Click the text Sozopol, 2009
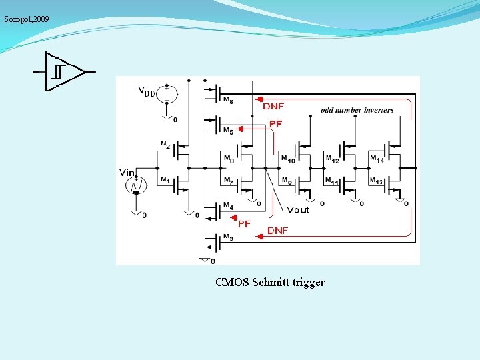pos(27,19)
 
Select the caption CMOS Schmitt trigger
pos(270,282)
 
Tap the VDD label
pos(147,91)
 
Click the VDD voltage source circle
pos(167,93)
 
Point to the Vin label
pos(127,173)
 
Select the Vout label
pos(298,210)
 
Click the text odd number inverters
pos(357,110)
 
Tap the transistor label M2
pos(165,145)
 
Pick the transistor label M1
pos(164,179)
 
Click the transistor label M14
pos(377,159)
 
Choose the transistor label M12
pos(332,159)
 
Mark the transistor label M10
pos(287,159)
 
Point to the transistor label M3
pos(227,237)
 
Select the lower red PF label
pos(244,224)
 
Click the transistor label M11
pos(332,181)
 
